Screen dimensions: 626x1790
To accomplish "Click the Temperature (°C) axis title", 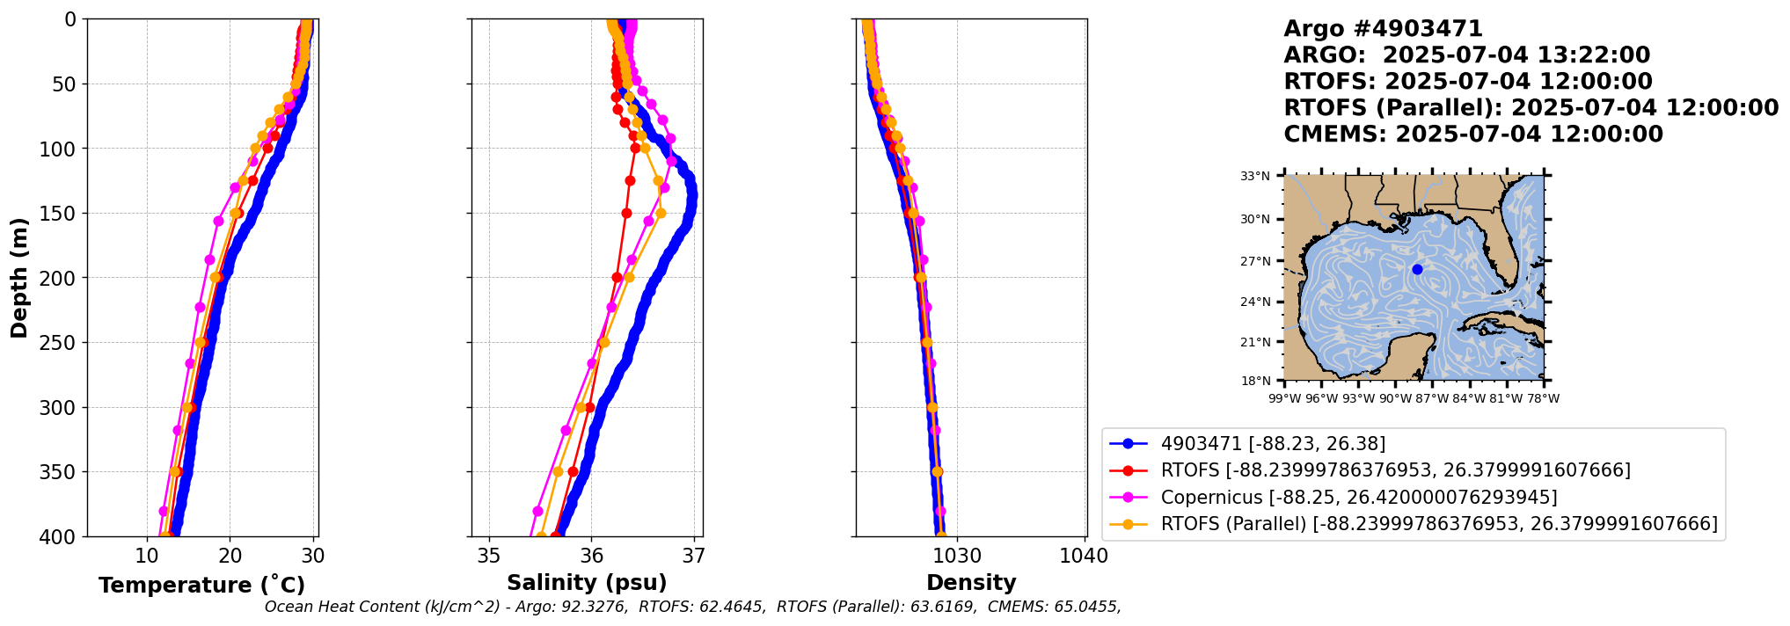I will coord(201,585).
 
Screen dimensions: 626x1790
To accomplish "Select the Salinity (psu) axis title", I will coord(587,582).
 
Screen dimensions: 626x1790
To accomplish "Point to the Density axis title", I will coord(971,582).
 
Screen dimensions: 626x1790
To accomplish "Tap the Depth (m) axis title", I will coord(19,278).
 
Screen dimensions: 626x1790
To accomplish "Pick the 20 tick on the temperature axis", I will coord(230,556).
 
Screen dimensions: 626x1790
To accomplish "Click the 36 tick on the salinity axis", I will coord(592,556).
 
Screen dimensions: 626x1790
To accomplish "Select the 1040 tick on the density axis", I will coord(1085,556).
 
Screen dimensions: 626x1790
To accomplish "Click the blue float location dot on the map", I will coord(1417,269).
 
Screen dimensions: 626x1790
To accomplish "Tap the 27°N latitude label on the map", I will coord(1255,261).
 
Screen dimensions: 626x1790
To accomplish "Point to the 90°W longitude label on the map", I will coord(1395,398).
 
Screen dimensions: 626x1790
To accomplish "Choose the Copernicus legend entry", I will coord(1359,498).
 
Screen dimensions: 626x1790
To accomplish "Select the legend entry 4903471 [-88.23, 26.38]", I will coord(1273,444).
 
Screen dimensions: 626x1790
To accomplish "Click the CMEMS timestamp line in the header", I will coord(1473,135).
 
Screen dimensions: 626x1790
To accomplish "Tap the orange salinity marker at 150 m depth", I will coord(661,213).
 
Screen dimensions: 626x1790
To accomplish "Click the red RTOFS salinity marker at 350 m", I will coord(574,472).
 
